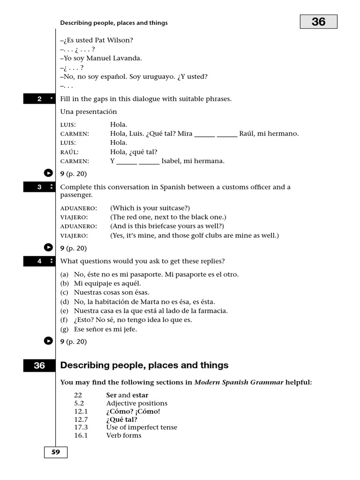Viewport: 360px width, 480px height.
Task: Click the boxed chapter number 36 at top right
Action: tap(318, 22)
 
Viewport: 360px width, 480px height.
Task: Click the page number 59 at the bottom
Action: tap(56, 452)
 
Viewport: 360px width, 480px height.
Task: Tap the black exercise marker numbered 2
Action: tap(39, 99)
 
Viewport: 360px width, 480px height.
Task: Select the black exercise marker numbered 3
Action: tap(39, 187)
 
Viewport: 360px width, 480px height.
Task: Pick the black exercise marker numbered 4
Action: tap(39, 261)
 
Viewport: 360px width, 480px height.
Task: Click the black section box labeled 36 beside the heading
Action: tap(39, 366)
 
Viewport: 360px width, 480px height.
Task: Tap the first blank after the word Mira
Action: tap(204, 134)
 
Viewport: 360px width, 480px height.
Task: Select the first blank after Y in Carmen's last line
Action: tap(127, 161)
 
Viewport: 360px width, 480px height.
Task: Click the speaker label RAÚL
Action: tap(69, 152)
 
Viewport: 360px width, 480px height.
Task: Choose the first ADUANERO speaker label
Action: tap(79, 208)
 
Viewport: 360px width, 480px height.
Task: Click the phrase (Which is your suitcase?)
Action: tap(150, 208)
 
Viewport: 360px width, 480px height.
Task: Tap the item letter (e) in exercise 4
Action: tap(65, 311)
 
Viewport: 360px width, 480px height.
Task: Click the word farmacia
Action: tap(213, 311)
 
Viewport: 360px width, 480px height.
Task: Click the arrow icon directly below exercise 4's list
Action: tap(48, 341)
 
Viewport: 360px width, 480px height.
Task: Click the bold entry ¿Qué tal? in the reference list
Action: tap(122, 420)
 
